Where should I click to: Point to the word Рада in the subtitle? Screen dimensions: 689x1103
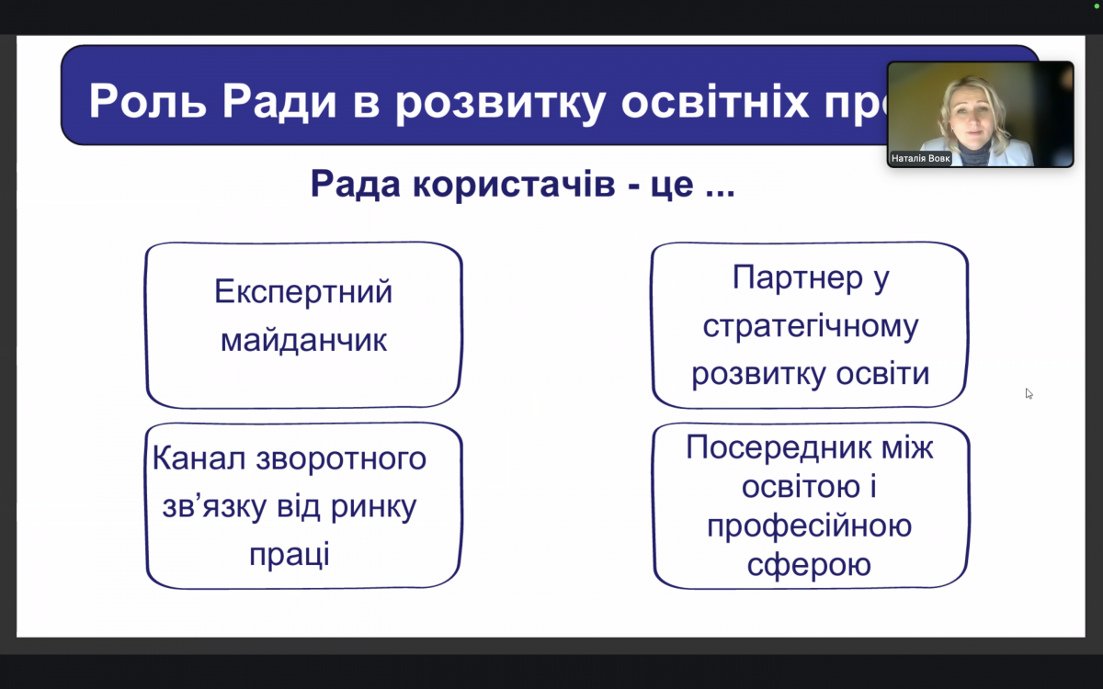click(x=355, y=184)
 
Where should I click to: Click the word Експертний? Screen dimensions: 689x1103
click(x=303, y=292)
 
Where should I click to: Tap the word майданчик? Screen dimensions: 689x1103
click(x=303, y=340)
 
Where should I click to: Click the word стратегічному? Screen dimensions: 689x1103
click(x=810, y=326)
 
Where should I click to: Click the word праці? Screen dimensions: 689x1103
click(x=289, y=556)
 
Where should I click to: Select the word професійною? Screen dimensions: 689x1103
click(x=809, y=525)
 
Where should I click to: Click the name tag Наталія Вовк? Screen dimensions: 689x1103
click(x=920, y=159)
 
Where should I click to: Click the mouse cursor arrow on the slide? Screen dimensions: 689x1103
click(x=1029, y=393)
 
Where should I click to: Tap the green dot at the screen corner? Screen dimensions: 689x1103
click(x=1097, y=6)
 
